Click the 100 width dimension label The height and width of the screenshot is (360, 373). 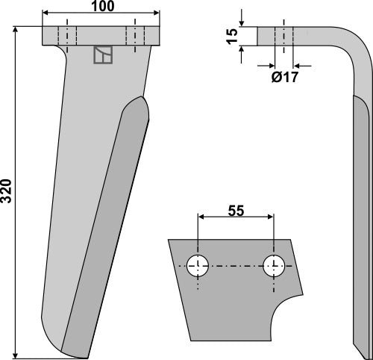(x=102, y=6)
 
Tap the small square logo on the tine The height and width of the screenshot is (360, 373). (x=102, y=55)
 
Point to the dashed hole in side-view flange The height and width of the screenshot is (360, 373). (x=284, y=35)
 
